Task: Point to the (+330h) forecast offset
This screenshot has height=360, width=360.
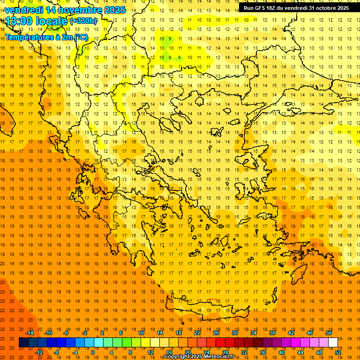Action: (84, 21)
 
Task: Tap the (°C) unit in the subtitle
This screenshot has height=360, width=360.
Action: (81, 37)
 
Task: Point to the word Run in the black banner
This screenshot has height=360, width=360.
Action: (248, 8)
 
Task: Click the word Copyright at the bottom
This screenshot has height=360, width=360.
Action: (177, 357)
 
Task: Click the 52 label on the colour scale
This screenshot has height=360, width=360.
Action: (338, 352)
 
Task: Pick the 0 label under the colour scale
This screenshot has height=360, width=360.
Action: (93, 352)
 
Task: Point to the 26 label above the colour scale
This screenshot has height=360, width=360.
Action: (216, 333)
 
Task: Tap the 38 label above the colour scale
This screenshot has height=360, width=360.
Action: (272, 333)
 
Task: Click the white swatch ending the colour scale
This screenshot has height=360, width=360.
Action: (333, 343)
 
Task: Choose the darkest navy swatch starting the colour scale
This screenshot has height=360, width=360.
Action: (23, 343)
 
